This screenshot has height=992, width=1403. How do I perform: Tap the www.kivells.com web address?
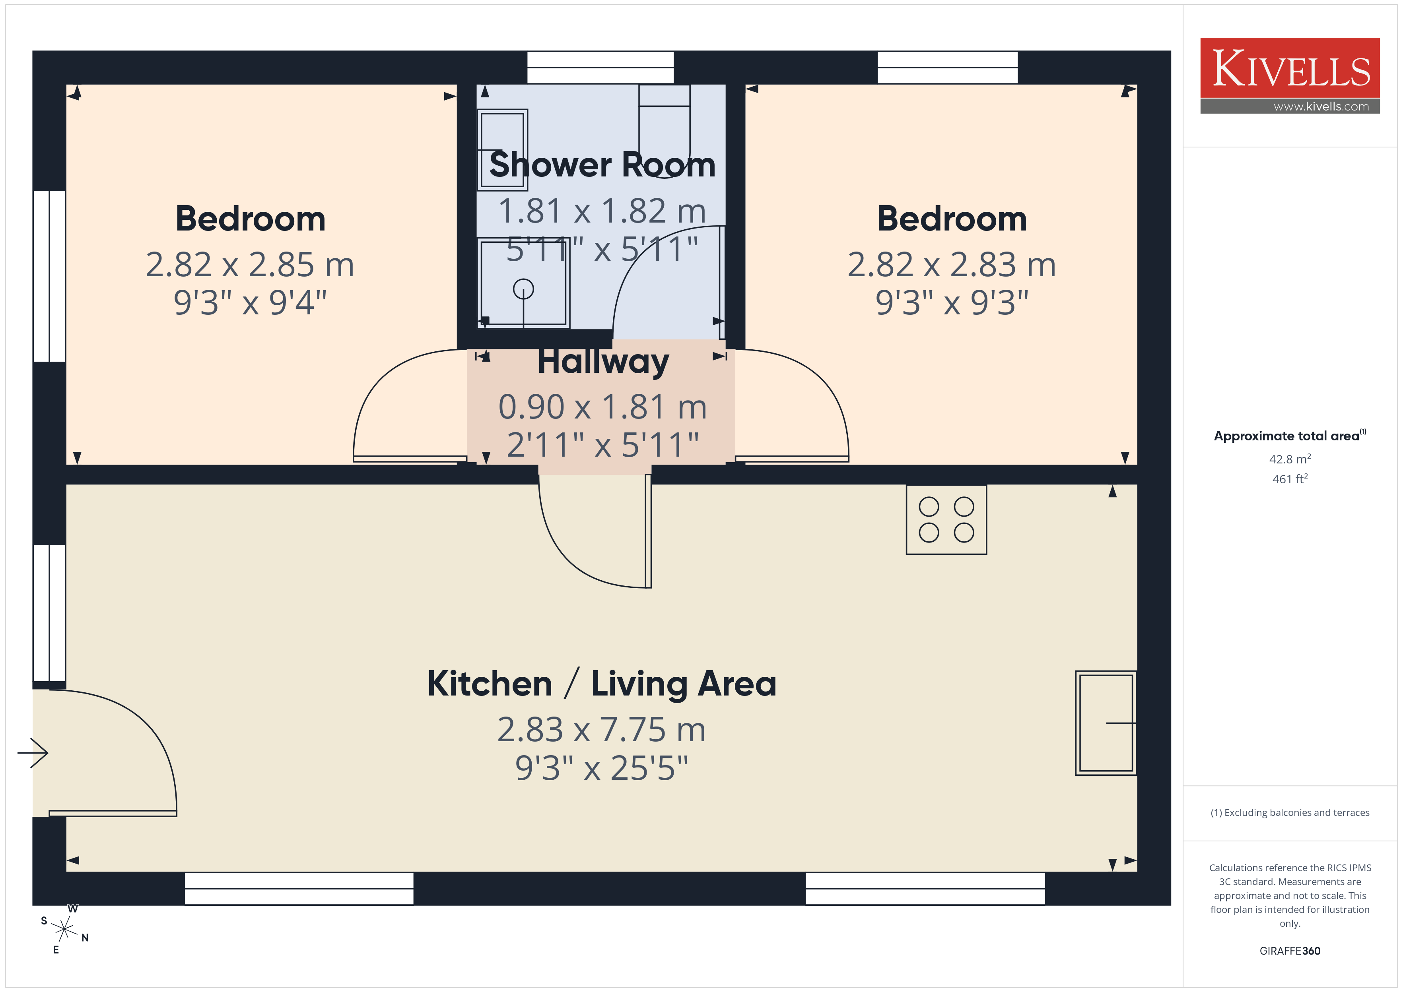pos(1321,106)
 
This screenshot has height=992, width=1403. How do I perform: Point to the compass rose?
pos(64,930)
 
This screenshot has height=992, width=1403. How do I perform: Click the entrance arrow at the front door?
pos(32,753)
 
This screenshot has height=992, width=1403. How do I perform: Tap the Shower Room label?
pos(602,165)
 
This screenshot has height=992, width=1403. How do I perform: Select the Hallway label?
pos(603,362)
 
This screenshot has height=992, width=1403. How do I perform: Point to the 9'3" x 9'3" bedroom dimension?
pos(951,302)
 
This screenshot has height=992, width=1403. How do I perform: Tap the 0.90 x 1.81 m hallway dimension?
pos(602,407)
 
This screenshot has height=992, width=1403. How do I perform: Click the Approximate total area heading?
pos(1289,436)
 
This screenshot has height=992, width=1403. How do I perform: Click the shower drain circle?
pos(523,289)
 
